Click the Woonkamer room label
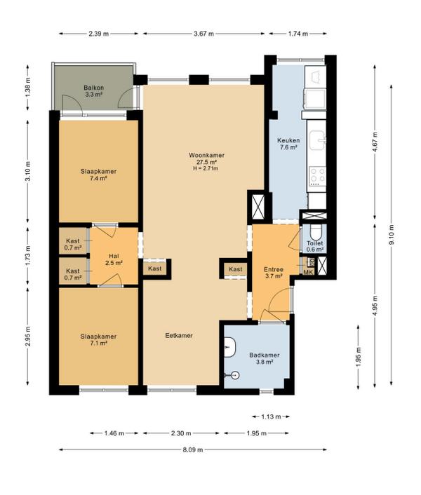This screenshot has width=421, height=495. [206, 156]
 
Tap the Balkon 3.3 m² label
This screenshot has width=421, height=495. [94, 91]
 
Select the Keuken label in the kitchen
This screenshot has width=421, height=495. [288, 140]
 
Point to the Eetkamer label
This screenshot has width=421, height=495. [179, 336]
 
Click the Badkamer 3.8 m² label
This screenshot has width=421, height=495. [265, 358]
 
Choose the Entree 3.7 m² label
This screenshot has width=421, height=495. [274, 273]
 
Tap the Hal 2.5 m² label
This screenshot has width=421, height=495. [114, 259]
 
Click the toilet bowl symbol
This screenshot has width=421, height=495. [315, 232]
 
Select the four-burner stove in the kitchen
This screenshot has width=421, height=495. [317, 175]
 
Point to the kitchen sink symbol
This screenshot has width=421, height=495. [317, 140]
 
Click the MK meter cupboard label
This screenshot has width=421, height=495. [308, 272]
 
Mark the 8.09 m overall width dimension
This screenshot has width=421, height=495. [193, 450]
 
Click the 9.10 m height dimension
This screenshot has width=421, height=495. [392, 235]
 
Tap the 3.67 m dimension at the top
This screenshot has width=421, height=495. [203, 34]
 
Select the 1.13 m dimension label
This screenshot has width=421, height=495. [271, 416]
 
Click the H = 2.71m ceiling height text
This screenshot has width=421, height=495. [206, 168]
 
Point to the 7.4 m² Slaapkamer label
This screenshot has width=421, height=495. [98, 175]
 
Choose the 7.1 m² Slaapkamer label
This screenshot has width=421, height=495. [98, 340]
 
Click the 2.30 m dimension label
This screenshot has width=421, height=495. [181, 433]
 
